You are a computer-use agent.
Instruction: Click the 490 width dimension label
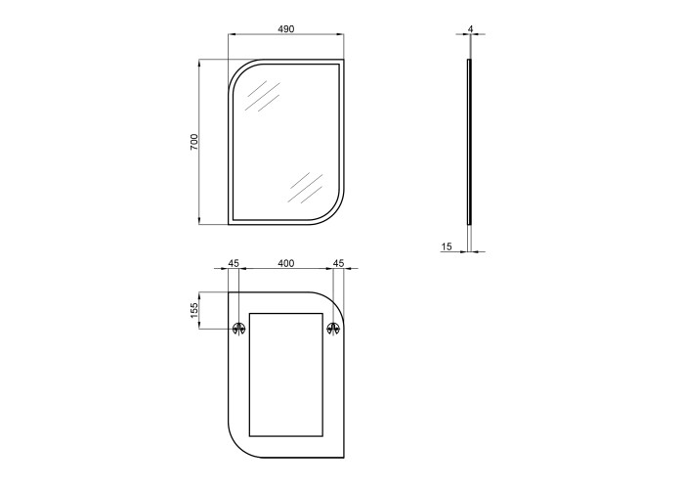tap(286, 28)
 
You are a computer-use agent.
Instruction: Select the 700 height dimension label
tap(194, 143)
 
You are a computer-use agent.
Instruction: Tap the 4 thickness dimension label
tap(470, 28)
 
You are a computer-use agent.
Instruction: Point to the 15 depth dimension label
tap(447, 247)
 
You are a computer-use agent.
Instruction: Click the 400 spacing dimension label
tap(286, 263)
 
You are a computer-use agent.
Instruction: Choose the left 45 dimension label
tap(234, 263)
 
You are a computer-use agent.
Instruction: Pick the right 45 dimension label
tap(338, 263)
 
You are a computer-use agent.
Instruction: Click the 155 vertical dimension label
tap(194, 310)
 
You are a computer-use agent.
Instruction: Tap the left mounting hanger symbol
tap(238, 329)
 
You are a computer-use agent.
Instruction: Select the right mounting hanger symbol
tap(334, 329)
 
